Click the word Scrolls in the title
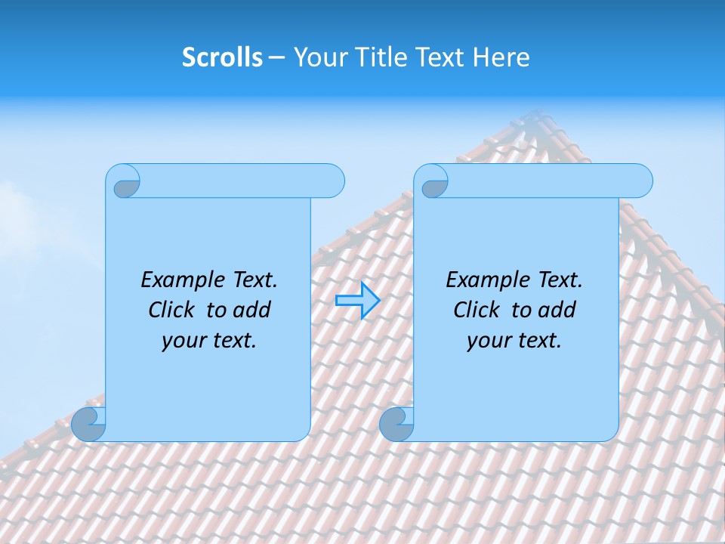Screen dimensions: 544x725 pos(222,57)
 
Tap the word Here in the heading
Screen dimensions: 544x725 pos(501,57)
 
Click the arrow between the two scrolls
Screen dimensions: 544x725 pos(357,300)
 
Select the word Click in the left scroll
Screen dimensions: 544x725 pos(172,310)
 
